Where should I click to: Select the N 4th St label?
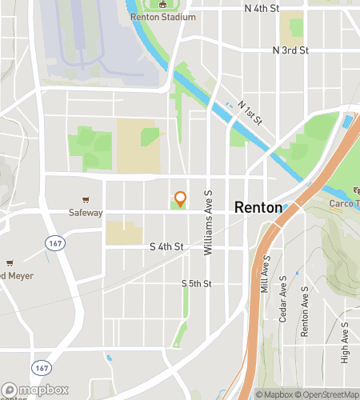click(262, 8)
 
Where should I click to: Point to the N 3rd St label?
click(290, 50)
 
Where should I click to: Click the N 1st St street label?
click(250, 114)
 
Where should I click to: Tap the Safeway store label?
click(85, 213)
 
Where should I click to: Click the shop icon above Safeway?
click(85, 200)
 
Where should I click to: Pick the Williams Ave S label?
click(207, 222)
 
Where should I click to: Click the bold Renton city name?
click(258, 207)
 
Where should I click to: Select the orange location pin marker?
click(180, 198)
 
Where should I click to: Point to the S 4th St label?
click(167, 248)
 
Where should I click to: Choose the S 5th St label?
click(196, 283)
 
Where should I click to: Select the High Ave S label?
click(345, 342)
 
